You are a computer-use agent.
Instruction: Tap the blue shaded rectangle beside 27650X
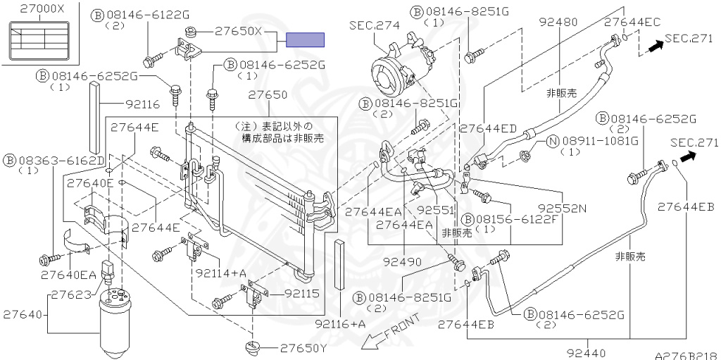tap(305, 39)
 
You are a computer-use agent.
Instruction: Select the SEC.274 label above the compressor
tap(374, 25)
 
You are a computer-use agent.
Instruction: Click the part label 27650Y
tap(303, 348)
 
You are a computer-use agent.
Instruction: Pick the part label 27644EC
tap(632, 22)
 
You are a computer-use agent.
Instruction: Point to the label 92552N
tap(562, 209)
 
